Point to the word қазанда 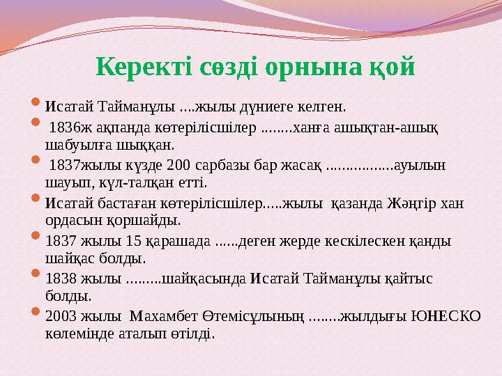[x=353, y=203]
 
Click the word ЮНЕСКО [x=447, y=316]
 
